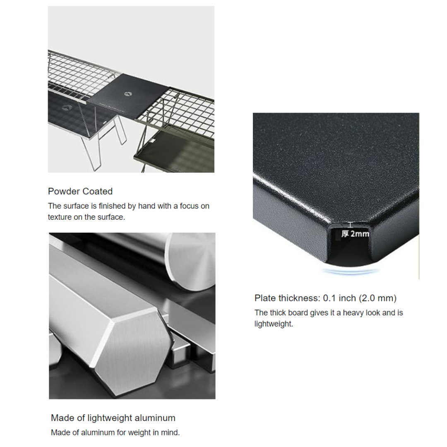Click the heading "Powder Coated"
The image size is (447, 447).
80,191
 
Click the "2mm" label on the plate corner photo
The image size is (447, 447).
360,234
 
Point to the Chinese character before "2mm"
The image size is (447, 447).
345,234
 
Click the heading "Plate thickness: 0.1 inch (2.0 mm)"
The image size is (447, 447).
325,298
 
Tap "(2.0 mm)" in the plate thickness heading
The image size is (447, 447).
377,298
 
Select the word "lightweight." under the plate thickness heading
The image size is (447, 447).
274,324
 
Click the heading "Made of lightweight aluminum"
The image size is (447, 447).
113,418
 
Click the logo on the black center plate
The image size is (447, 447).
127,94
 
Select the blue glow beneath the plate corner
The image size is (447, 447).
349,271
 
